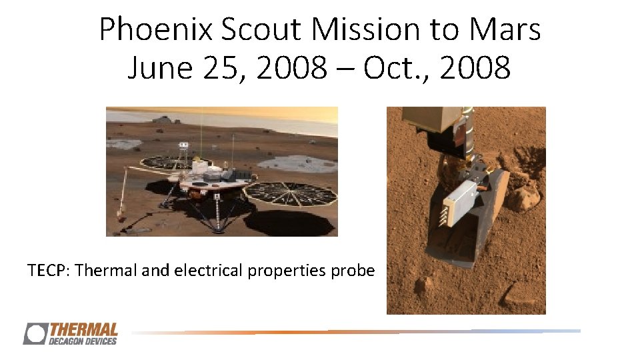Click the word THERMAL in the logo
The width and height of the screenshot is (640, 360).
coord(84,329)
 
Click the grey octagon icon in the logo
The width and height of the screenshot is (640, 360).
coord(35,333)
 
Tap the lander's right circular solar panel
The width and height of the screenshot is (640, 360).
coord(290,193)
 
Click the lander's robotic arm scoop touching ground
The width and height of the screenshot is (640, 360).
coord(121,215)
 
